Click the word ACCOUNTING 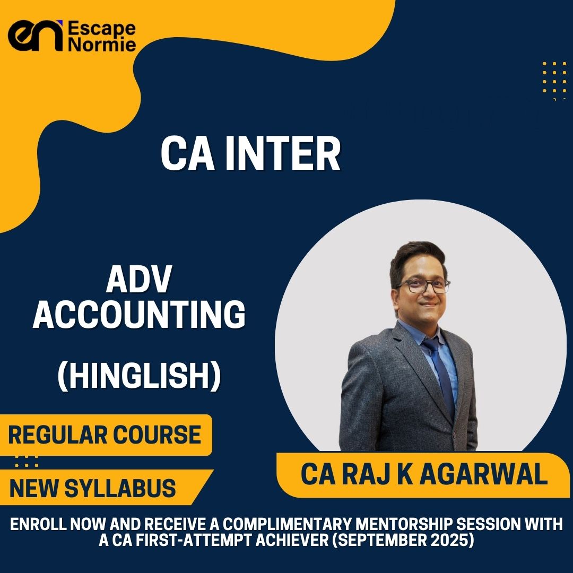click(139, 315)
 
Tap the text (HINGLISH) click(139, 376)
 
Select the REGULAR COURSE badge click(105, 435)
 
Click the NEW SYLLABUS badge click(93, 488)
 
